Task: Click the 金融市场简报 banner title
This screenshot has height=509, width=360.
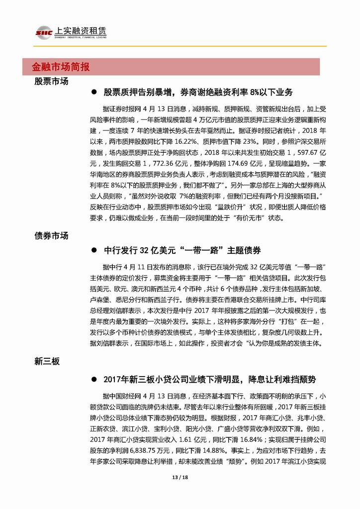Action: [x=61, y=66]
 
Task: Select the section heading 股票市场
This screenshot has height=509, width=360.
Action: [x=51, y=81]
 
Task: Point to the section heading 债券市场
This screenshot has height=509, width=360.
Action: [x=51, y=236]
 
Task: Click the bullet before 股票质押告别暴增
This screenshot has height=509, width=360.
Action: [x=93, y=93]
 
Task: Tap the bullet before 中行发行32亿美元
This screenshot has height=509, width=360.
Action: [x=93, y=250]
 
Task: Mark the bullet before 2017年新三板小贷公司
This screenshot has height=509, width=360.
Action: [x=93, y=380]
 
